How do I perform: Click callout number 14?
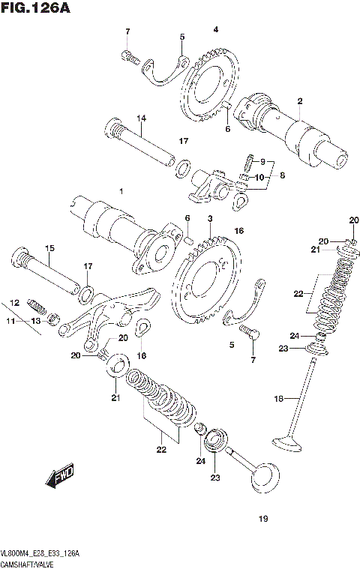point(140,118)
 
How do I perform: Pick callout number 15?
point(50,248)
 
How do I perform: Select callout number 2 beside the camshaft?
point(299,101)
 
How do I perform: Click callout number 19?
point(262,518)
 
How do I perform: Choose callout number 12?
point(14,303)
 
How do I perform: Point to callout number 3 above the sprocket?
point(211,218)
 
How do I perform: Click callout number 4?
point(215,29)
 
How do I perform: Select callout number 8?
point(282,176)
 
